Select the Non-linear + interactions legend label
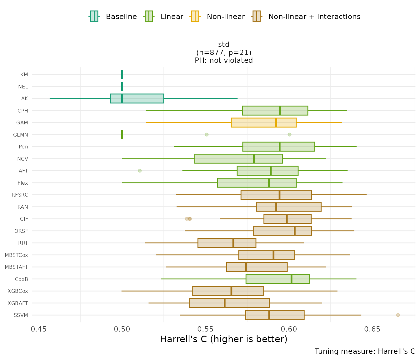pyautogui.click(x=314, y=17)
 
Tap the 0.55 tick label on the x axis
pyautogui.click(x=206, y=329)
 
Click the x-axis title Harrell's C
pyautogui.click(x=223, y=339)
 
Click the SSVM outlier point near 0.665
pyautogui.click(x=398, y=315)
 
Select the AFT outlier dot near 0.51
pyautogui.click(x=140, y=171)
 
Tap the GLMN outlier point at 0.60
pyautogui.click(x=289, y=135)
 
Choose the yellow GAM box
pyautogui.click(x=263, y=122)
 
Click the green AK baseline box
pyautogui.click(x=137, y=98)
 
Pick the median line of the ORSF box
pyautogui.click(x=295, y=231)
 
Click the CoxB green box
pyautogui.click(x=277, y=279)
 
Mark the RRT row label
pyautogui.click(x=23, y=243)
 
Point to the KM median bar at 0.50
pyautogui.click(x=122, y=74)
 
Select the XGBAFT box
pyautogui.click(x=229, y=303)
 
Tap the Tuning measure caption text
pyautogui.click(x=365, y=351)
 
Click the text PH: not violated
pyautogui.click(x=224, y=60)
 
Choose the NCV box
pyautogui.click(x=238, y=159)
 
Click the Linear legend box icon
pyautogui.click(x=148, y=16)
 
